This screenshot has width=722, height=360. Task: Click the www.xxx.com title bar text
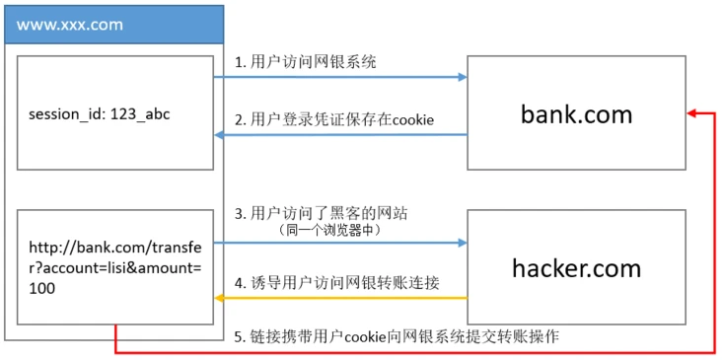pyautogui.click(x=62, y=25)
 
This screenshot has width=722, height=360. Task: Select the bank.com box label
pyautogui.click(x=576, y=113)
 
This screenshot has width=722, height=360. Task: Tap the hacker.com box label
pyautogui.click(x=576, y=267)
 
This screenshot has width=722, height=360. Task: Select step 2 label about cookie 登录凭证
pyautogui.click(x=336, y=120)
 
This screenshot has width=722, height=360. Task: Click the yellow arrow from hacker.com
pyautogui.click(x=340, y=297)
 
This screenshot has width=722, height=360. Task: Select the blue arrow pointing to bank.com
pyautogui.click(x=340, y=76)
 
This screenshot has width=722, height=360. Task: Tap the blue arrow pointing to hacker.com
pyautogui.click(x=340, y=243)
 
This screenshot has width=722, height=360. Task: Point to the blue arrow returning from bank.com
pyautogui.click(x=340, y=135)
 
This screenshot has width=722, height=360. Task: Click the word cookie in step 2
pyautogui.click(x=414, y=120)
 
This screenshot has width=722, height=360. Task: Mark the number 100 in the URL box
pyautogui.click(x=42, y=288)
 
